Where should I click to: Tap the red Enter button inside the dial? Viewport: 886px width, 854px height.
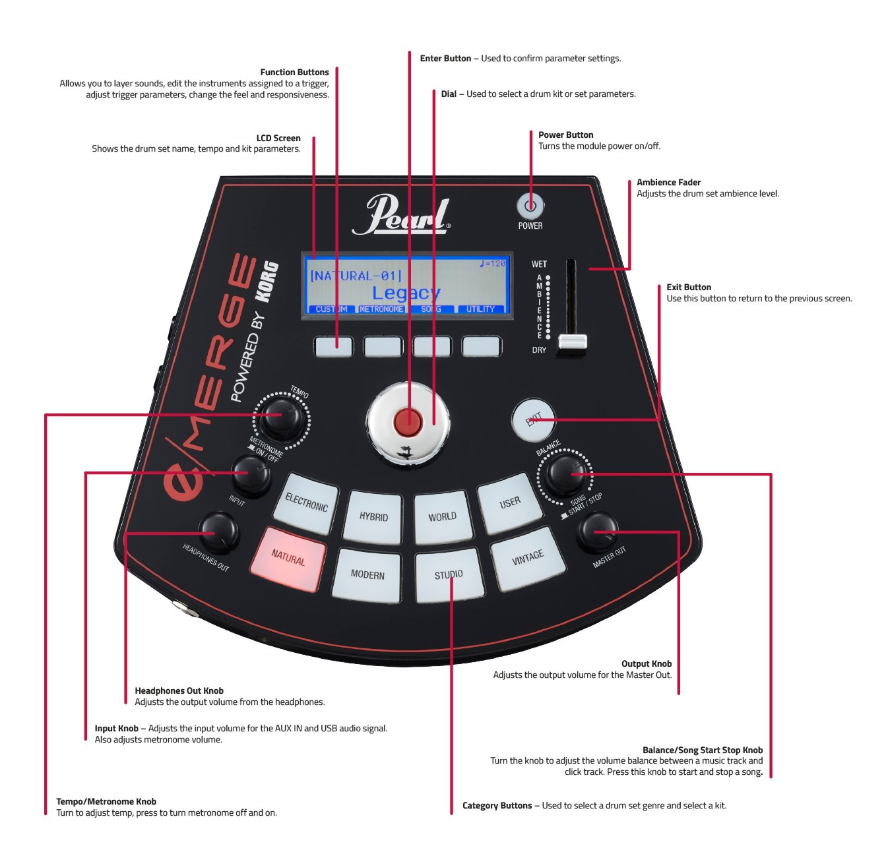tap(408, 421)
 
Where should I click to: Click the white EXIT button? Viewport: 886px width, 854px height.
tap(533, 420)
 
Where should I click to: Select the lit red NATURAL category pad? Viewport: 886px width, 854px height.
tap(288, 558)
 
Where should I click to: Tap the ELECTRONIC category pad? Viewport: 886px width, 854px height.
tap(306, 503)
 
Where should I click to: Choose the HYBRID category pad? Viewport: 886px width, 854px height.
tap(374, 516)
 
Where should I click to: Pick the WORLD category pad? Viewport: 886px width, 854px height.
tap(442, 516)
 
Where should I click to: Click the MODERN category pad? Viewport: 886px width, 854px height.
tap(367, 574)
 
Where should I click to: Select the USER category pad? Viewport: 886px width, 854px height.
tap(510, 503)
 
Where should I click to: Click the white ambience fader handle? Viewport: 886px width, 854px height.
tap(572, 342)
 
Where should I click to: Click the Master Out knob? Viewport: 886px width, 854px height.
tap(597, 533)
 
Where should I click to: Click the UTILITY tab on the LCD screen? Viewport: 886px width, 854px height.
tap(480, 309)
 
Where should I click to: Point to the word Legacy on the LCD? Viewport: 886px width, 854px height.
tap(406, 293)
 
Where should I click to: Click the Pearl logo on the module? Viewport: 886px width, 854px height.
tap(402, 215)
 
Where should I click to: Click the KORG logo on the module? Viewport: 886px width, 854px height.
tap(267, 282)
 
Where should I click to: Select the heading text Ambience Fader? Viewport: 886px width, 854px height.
tap(668, 183)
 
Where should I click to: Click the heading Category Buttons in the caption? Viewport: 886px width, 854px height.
tap(497, 806)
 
